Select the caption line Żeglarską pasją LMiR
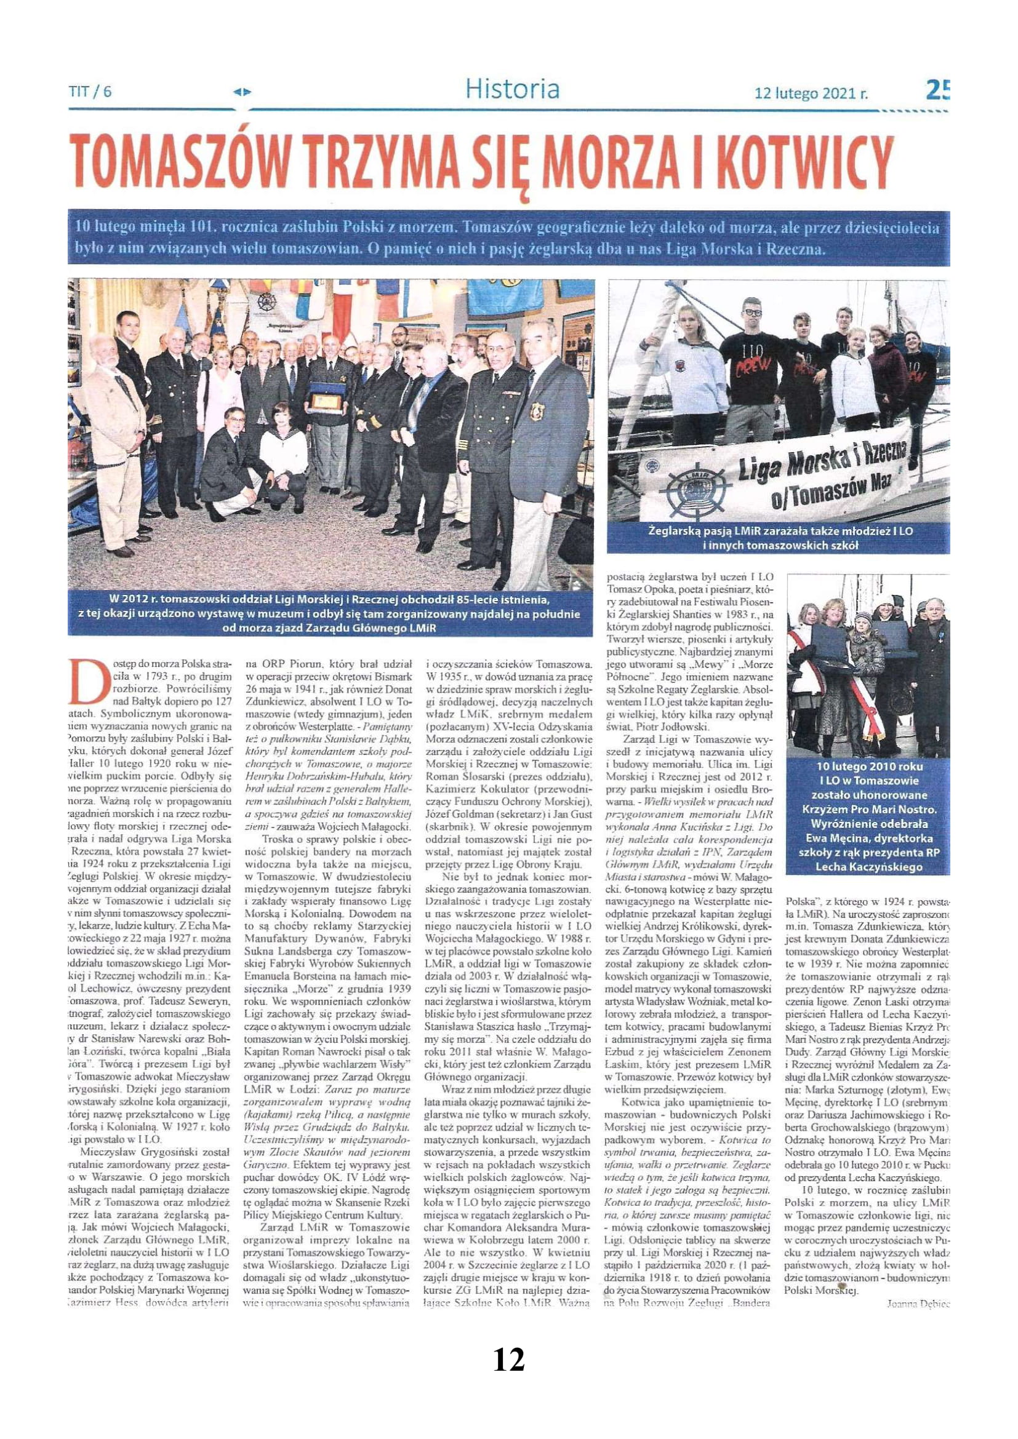(779, 532)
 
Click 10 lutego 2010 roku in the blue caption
(869, 767)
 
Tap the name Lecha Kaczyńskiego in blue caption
(869, 867)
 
